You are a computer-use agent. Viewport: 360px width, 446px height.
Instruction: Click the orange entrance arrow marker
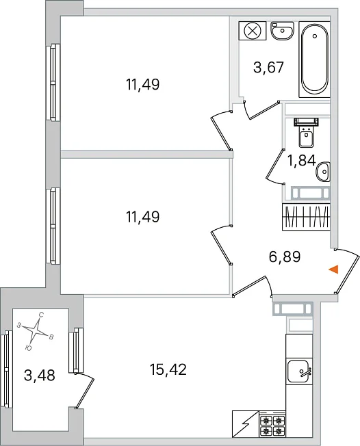334,269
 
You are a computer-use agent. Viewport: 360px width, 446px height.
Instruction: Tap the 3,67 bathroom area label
269,68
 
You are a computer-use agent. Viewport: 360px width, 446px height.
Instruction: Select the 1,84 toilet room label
302,160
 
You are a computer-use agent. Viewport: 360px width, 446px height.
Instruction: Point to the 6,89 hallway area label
285,257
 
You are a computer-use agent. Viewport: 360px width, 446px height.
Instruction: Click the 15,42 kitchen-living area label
168,369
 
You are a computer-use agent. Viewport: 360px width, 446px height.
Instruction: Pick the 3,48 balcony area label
40,375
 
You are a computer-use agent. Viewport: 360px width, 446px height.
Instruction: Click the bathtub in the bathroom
314,59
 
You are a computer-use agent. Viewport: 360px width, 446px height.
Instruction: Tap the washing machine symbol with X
253,30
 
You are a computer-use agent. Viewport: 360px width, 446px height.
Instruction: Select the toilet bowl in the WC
306,133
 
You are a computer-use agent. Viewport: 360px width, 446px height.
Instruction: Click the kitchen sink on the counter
299,371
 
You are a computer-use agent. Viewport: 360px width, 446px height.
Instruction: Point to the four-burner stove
272,424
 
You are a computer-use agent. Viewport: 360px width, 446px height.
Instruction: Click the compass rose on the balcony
36,331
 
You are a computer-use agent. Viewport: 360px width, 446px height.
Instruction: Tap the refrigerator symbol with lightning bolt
246,424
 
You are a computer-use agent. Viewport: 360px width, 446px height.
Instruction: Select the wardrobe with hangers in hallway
306,216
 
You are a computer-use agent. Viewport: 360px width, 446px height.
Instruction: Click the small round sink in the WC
323,172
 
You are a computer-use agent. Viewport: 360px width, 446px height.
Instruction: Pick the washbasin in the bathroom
282,31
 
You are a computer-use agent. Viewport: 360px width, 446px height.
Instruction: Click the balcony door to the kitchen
84,390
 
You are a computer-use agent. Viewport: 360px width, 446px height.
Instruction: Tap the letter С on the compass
41,315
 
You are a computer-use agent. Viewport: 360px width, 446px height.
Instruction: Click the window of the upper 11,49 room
53,82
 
